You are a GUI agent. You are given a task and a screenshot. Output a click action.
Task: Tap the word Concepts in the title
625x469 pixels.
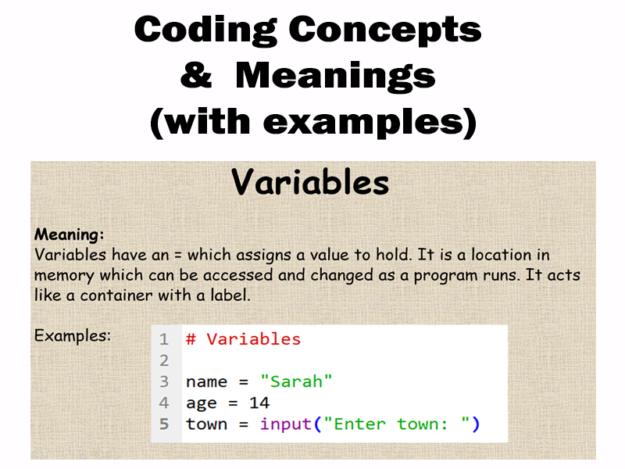(x=386, y=30)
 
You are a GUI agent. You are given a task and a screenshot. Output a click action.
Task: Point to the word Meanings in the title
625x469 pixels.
(x=335, y=77)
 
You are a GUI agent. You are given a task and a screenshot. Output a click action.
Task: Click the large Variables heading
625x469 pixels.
(x=310, y=183)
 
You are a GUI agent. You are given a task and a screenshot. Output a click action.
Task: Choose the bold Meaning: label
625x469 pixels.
(x=70, y=234)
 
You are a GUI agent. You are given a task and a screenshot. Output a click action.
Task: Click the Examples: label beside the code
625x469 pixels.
(x=73, y=335)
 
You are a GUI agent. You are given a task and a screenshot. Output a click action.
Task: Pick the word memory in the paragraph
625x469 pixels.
(x=66, y=276)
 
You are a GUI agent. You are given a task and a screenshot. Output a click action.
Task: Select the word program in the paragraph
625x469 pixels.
(x=452, y=276)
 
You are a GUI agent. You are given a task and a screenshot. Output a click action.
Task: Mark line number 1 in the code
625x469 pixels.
(x=164, y=340)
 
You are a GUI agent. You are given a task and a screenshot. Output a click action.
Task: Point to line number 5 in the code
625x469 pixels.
(x=164, y=424)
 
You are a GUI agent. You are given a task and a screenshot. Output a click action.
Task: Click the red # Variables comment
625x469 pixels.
(x=243, y=339)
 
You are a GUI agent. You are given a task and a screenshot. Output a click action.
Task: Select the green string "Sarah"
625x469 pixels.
(x=296, y=382)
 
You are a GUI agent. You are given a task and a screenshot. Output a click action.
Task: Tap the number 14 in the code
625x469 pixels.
(x=259, y=403)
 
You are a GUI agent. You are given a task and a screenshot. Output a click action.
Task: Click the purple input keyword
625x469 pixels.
(x=285, y=424)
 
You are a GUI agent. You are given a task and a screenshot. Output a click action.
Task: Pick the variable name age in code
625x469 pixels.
(x=201, y=404)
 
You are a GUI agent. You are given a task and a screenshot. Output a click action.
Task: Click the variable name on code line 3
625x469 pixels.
(x=206, y=382)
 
